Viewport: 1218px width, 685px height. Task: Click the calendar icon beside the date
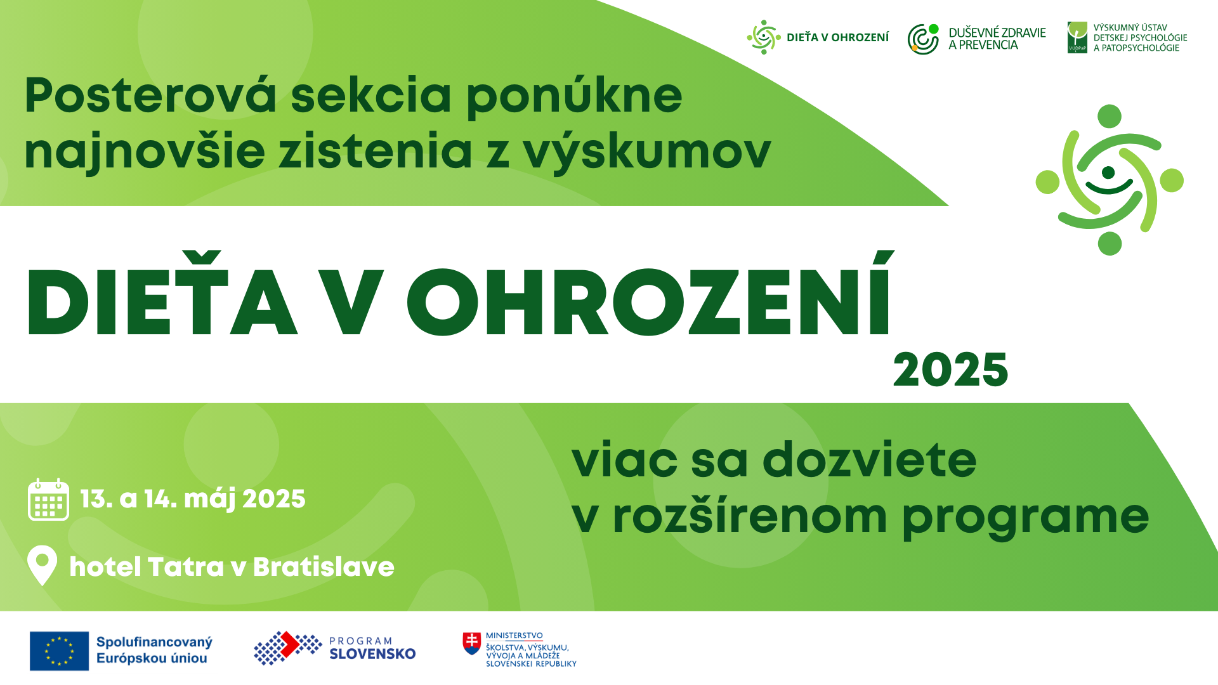49,500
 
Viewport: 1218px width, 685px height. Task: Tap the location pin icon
43,565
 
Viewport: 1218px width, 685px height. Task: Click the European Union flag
59,651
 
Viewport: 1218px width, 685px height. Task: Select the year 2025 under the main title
950,370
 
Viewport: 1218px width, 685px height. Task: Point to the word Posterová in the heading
151,95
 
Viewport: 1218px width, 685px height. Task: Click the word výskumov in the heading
646,153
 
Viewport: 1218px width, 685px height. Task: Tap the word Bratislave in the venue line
324,566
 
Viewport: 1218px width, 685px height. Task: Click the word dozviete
869,460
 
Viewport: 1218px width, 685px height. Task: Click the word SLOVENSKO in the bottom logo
372,654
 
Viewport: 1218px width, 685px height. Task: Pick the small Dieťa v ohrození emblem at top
764,37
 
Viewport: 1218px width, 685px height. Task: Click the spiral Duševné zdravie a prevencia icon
924,39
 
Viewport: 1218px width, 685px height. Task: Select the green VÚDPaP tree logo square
1077,37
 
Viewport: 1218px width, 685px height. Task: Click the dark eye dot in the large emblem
1108,173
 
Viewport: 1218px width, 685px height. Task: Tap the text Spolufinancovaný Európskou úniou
154,650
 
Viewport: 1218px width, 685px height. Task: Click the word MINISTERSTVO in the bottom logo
514,636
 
